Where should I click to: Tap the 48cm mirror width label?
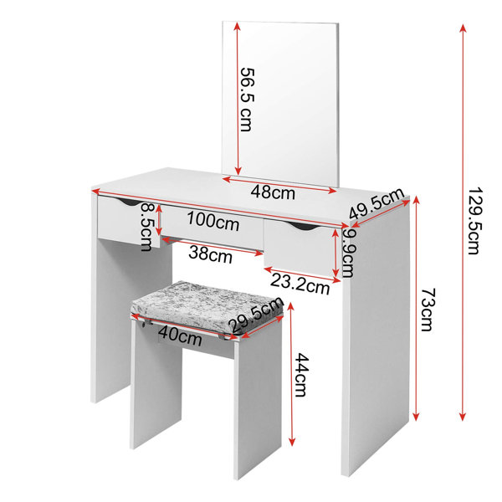[x=273, y=192]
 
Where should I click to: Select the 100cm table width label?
[x=213, y=221]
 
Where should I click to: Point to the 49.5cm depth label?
[x=376, y=203]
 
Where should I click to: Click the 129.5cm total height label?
[x=474, y=221]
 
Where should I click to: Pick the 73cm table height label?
[x=428, y=309]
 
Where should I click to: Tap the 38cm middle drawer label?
[x=210, y=254]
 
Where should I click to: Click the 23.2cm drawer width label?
[x=300, y=284]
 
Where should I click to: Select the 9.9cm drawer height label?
[x=347, y=253]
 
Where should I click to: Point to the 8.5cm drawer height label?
[x=146, y=227]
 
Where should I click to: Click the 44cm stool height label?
[x=301, y=375]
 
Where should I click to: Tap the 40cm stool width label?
[x=180, y=336]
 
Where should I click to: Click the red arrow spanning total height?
[x=463, y=223]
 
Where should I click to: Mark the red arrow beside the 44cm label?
[x=291, y=374]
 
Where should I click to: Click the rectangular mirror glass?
[x=280, y=105]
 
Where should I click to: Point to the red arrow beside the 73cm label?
[x=416, y=308]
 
